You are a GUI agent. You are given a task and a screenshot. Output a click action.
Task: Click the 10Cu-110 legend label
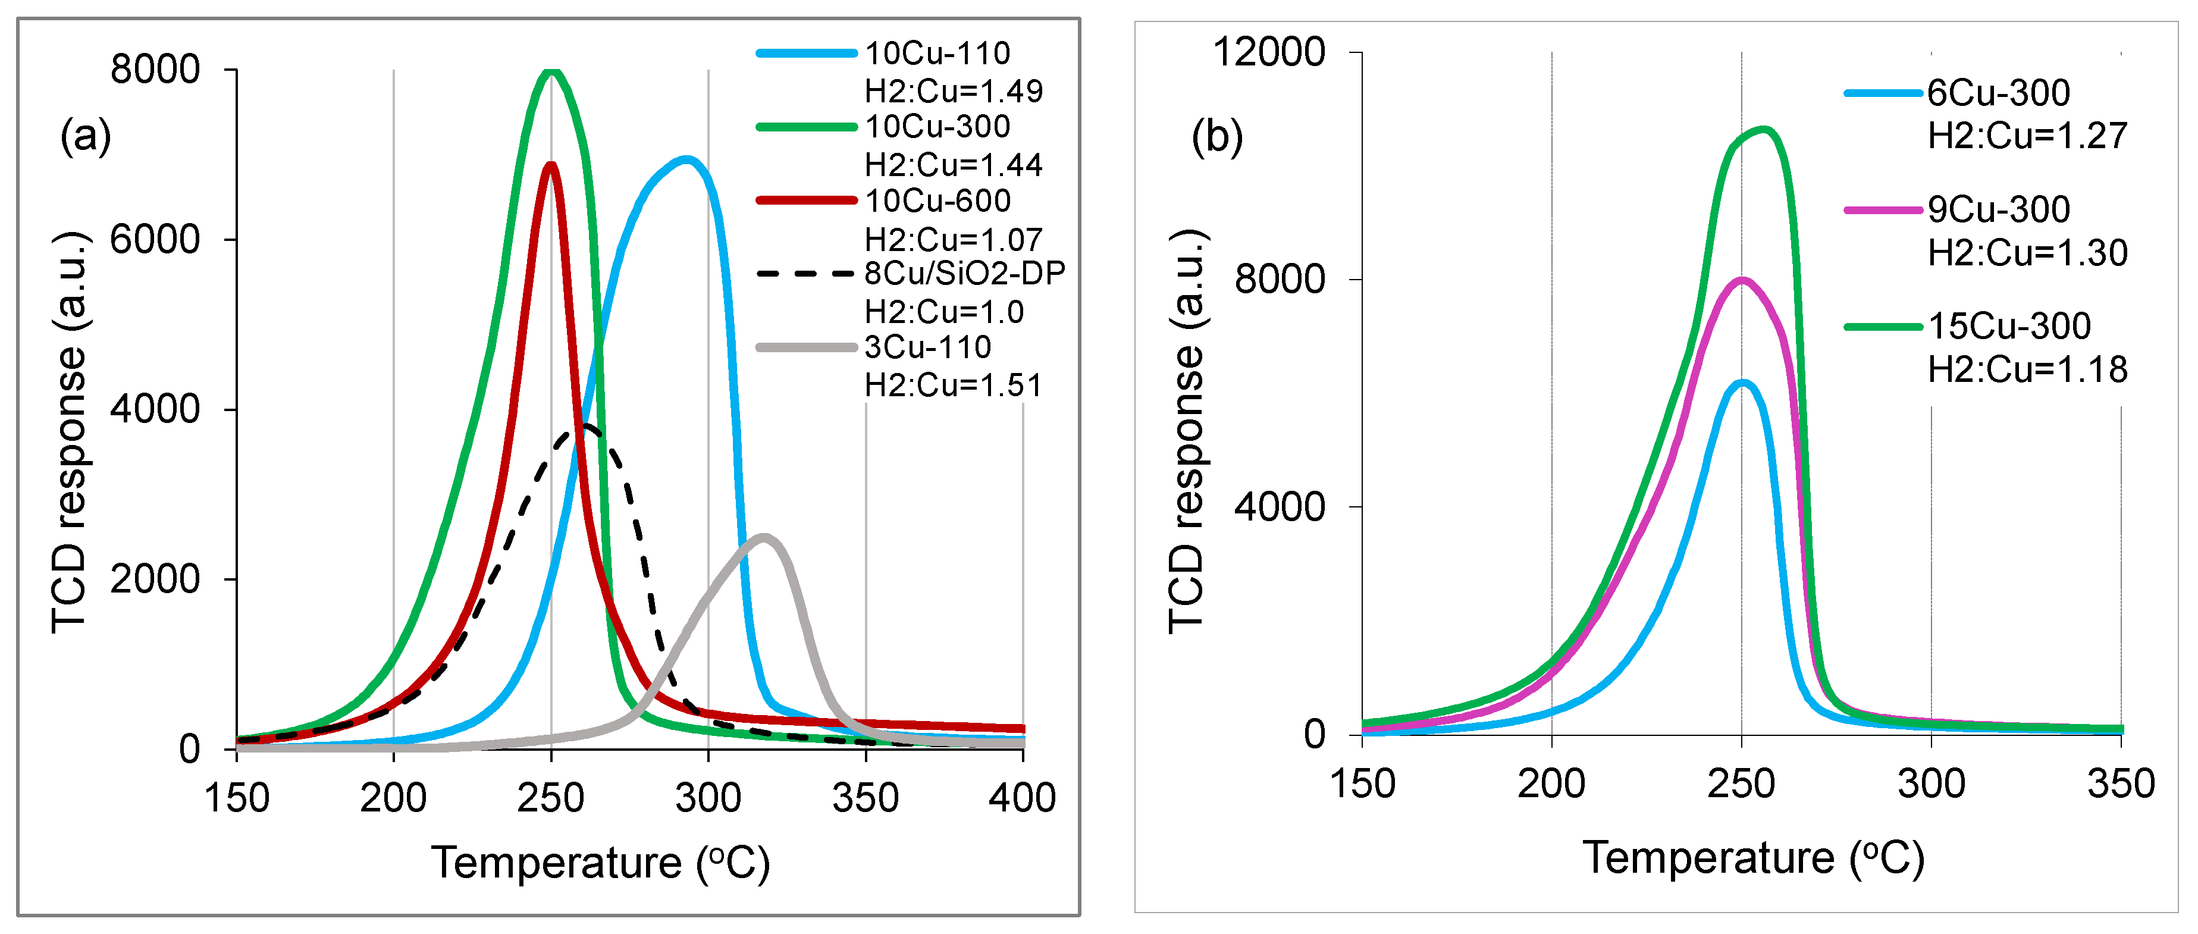pyautogui.click(x=937, y=53)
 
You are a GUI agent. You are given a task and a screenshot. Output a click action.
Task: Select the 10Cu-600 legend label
pyautogui.click(x=937, y=200)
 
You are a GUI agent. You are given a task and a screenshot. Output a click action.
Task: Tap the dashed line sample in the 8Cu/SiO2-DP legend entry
pyautogui.click(x=805, y=274)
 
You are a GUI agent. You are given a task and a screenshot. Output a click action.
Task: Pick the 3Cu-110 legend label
pyautogui.click(x=927, y=347)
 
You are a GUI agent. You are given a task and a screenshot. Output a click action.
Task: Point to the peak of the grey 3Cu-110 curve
pyautogui.click(x=764, y=537)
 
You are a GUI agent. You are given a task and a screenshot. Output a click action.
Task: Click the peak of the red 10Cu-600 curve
pyautogui.click(x=551, y=165)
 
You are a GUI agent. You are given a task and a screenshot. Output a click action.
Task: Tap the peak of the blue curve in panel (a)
pyautogui.click(x=686, y=159)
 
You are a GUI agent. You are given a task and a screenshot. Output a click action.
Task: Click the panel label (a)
pyautogui.click(x=85, y=136)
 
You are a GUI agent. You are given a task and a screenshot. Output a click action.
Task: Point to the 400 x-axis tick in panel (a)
pyautogui.click(x=1022, y=798)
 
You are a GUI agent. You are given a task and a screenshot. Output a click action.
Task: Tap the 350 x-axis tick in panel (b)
pyautogui.click(x=2120, y=783)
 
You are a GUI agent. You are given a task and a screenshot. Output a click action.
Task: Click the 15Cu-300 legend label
pyautogui.click(x=2009, y=326)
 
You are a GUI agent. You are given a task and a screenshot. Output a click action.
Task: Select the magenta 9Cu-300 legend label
pyautogui.click(x=1998, y=209)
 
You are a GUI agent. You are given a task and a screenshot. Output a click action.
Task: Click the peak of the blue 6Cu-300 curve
pyautogui.click(x=1742, y=383)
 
